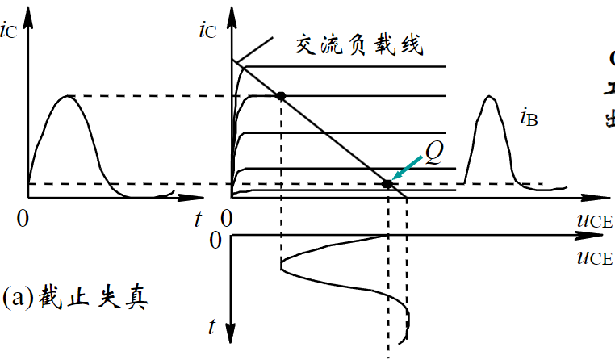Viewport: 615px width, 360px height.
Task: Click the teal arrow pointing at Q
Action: (x=407, y=171)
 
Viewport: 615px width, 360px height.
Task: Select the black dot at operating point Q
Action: (x=387, y=185)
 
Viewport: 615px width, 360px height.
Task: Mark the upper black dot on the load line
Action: (x=281, y=96)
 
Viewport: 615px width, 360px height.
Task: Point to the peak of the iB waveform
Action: (x=488, y=97)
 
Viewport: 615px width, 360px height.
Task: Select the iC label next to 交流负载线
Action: (x=207, y=32)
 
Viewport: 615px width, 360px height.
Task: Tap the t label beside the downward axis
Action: (x=212, y=326)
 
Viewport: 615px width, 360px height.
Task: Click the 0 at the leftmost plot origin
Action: (x=25, y=217)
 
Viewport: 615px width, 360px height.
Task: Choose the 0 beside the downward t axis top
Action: (x=215, y=240)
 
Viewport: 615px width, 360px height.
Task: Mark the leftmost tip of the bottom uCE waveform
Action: (x=280, y=265)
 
